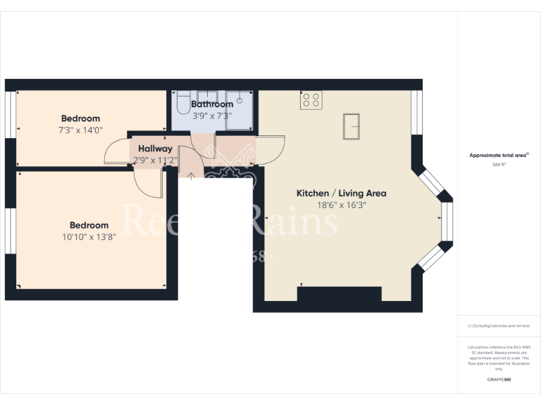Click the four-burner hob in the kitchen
[x=311, y=101]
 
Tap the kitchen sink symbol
[x=353, y=127]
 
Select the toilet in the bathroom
[x=182, y=104]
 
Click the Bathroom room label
[x=212, y=104]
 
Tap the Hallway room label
[x=155, y=149]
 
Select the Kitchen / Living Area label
[x=341, y=193]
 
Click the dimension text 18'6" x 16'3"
[x=341, y=205]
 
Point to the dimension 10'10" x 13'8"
[x=89, y=237]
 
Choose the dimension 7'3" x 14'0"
[x=80, y=130]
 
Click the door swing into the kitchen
[x=271, y=147]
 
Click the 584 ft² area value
[x=499, y=164]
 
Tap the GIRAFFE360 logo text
[x=499, y=379]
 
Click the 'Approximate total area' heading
[x=498, y=155]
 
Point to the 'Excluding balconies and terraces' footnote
[x=499, y=326]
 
